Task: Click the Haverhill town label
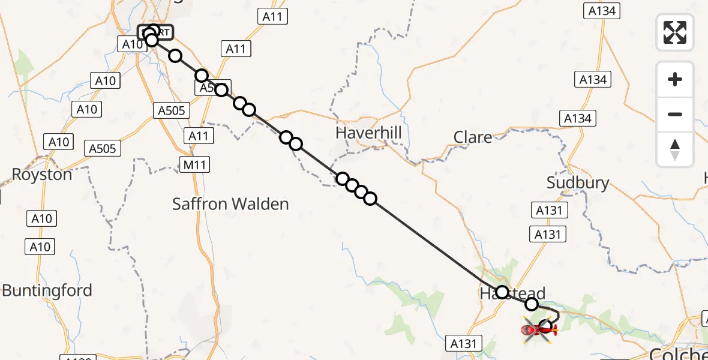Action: pyautogui.click(x=368, y=133)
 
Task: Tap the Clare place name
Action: pyautogui.click(x=473, y=137)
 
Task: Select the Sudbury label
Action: pyautogui.click(x=578, y=182)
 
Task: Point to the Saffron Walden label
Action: pyautogui.click(x=230, y=204)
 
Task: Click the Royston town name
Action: pyautogui.click(x=42, y=175)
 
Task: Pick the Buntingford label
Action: pyautogui.click(x=47, y=291)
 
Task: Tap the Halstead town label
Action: pyautogui.click(x=512, y=294)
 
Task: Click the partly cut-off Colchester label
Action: pyautogui.click(x=679, y=353)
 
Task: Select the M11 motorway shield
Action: pyautogui.click(x=195, y=163)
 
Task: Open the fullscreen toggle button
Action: pyautogui.click(x=675, y=32)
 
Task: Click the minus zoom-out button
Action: pyautogui.click(x=675, y=114)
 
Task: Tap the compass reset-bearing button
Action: pyautogui.click(x=675, y=149)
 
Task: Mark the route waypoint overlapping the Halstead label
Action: pyautogui.click(x=502, y=292)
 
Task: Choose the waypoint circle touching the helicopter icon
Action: pyautogui.click(x=545, y=327)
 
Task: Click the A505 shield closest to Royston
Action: pyautogui.click(x=103, y=148)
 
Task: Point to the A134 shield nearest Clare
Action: pyautogui.click(x=577, y=118)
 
